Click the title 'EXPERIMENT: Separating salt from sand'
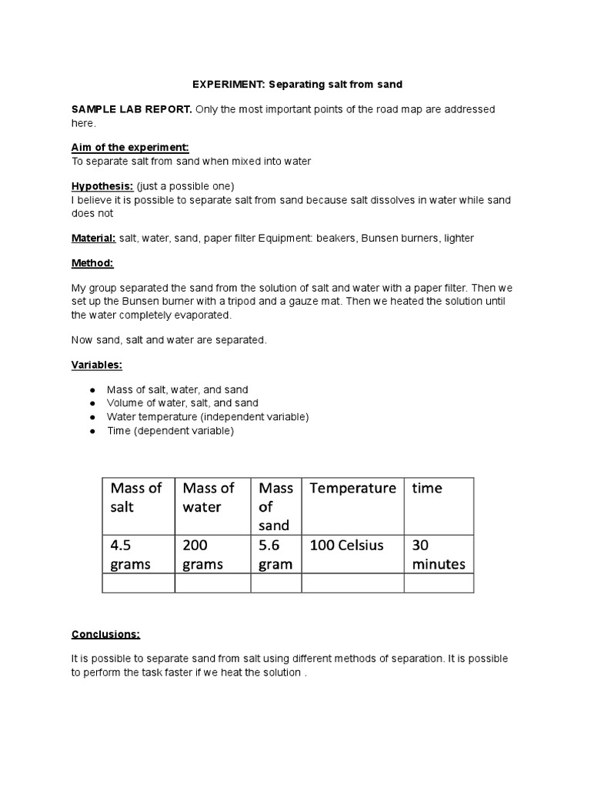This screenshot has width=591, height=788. pos(296,83)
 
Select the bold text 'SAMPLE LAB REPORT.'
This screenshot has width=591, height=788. pos(132,109)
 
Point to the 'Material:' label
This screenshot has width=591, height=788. pos(94,238)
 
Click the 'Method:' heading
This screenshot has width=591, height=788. pos(92,263)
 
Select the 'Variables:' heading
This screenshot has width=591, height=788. pos(97,366)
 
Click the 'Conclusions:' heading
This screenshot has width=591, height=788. pos(106,634)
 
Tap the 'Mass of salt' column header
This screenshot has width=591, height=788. pos(138,497)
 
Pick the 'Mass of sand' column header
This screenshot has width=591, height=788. pos(275,506)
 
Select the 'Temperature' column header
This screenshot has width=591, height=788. pos(352,488)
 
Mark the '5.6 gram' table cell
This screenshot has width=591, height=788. pos(275,554)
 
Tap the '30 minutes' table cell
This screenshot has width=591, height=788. pos(438,554)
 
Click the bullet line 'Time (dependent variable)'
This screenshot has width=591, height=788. pos(170,431)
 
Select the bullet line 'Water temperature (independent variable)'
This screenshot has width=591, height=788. pos(207,417)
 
